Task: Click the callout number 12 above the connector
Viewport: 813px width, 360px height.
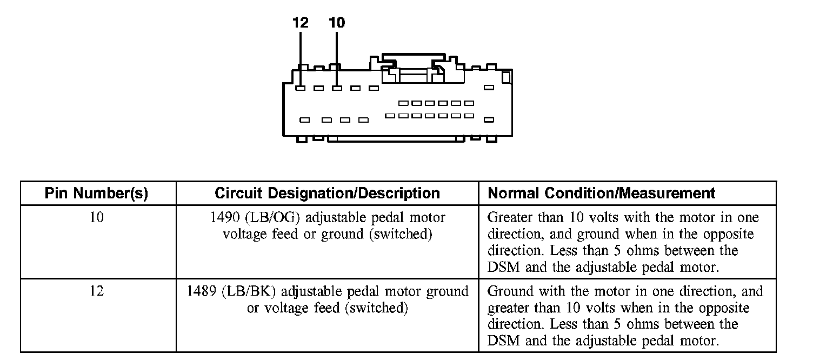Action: [300, 23]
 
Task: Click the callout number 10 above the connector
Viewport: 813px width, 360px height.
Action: [336, 23]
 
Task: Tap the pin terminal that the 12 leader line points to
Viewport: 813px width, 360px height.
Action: [301, 88]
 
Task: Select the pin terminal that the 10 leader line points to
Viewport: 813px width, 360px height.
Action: [337, 88]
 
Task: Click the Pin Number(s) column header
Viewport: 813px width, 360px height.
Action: [96, 194]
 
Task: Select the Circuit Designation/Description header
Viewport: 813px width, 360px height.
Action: [327, 194]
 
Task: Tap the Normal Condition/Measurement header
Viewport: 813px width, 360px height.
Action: [601, 194]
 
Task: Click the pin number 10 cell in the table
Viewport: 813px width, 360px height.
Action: [97, 218]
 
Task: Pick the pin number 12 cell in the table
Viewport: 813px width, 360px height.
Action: [97, 291]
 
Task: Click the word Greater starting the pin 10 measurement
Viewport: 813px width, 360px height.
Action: [508, 218]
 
